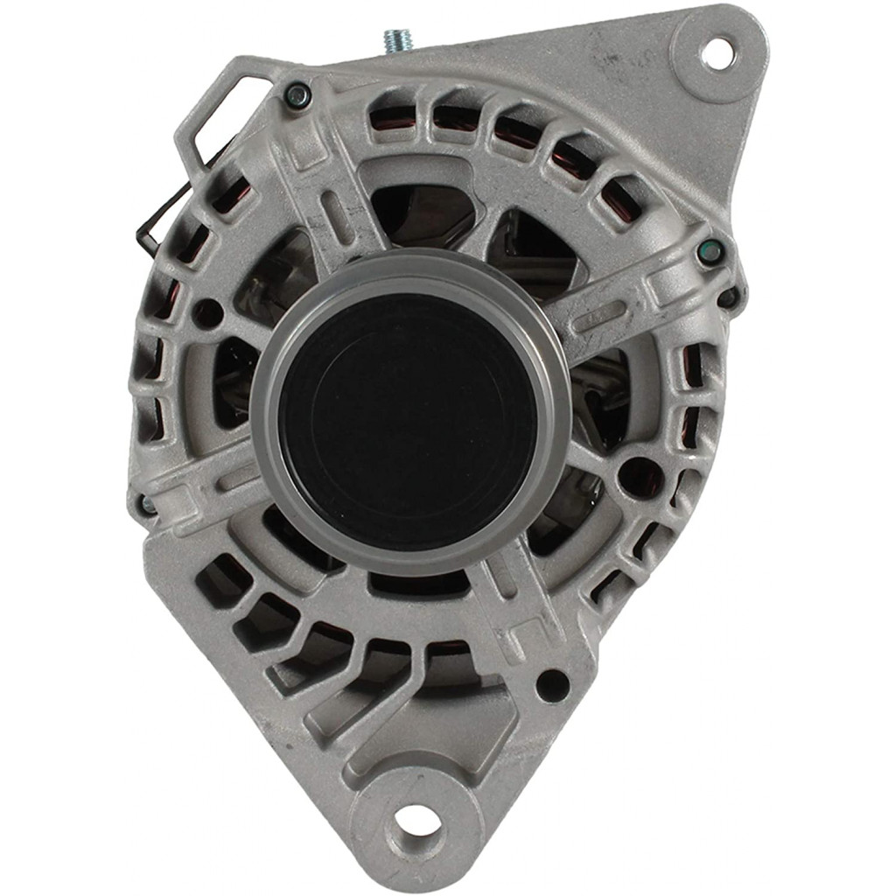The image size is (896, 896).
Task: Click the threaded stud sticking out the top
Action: (x=398, y=40)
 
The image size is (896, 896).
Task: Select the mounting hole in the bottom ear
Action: (x=416, y=820)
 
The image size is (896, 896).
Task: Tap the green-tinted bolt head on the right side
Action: (x=710, y=252)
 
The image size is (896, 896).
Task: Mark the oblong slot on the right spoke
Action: (x=599, y=316)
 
